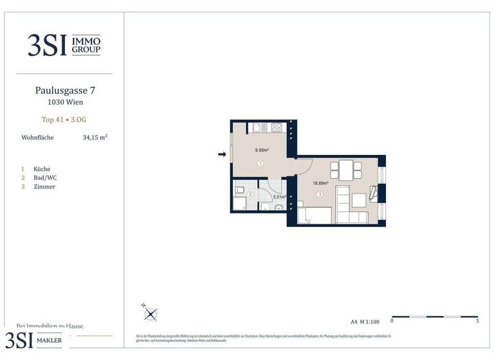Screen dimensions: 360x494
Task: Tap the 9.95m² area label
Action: click(x=261, y=150)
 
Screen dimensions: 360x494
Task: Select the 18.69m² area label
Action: click(x=320, y=183)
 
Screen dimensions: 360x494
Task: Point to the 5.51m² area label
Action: click(x=280, y=197)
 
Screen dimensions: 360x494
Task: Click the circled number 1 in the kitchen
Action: click(x=261, y=164)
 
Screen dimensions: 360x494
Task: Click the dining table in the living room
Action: click(x=345, y=170)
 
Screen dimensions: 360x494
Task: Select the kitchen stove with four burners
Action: click(x=277, y=127)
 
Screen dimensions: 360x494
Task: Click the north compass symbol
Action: click(x=151, y=314)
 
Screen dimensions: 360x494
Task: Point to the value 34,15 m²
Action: click(x=95, y=138)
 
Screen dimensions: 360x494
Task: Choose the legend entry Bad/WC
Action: click(x=46, y=177)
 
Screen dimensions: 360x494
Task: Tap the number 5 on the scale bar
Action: click(x=477, y=320)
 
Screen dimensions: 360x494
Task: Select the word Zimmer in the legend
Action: click(x=44, y=186)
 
